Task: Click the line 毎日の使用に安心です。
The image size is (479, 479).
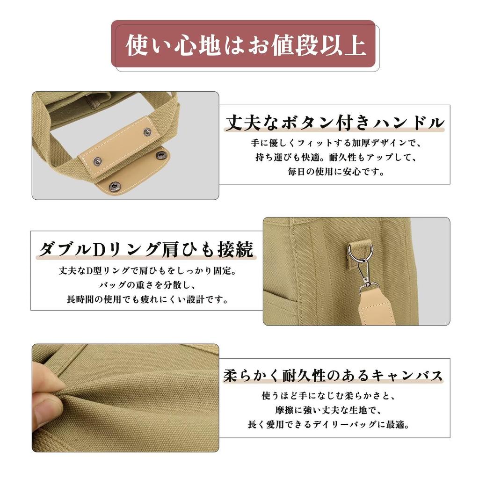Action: point(335,172)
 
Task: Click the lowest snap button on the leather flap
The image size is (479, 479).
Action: point(115,185)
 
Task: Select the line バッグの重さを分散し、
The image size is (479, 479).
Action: point(147,285)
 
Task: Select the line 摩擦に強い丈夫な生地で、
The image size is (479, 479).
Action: point(329,410)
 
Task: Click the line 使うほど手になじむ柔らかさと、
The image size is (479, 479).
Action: point(329,396)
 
